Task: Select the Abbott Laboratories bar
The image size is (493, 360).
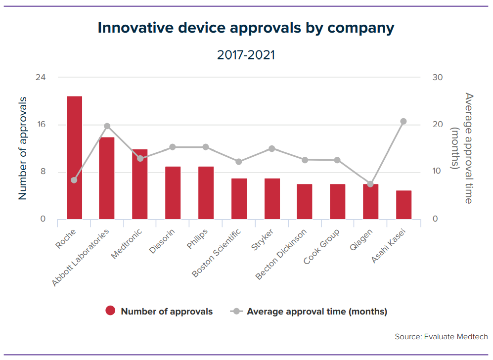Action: tap(107, 178)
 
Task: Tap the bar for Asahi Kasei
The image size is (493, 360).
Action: tap(403, 205)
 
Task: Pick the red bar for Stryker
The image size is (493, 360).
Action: tap(271, 199)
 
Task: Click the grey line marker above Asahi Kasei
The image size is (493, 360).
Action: tap(403, 121)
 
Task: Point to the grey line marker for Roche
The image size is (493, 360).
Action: tap(74, 180)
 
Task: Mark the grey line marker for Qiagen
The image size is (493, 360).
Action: tap(370, 184)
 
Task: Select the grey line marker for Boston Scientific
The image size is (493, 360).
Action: tap(239, 162)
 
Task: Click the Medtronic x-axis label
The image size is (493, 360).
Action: tap(127, 243)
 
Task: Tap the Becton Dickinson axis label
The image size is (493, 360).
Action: tap(281, 254)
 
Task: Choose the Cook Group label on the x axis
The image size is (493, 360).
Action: tap(321, 246)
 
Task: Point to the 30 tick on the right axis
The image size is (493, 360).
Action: tap(438, 78)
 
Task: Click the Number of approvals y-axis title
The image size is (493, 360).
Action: tap(23, 148)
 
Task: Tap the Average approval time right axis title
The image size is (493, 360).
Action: tap(463, 148)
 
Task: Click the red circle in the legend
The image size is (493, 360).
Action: tap(110, 312)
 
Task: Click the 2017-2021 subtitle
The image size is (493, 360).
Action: tap(246, 55)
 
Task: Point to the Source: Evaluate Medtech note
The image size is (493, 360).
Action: tap(441, 337)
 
